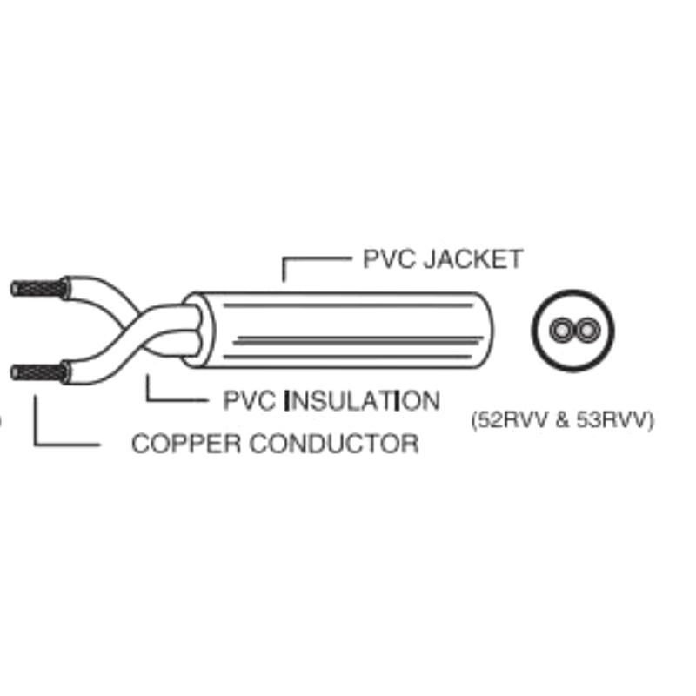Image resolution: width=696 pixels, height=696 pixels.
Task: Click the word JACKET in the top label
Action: (473, 259)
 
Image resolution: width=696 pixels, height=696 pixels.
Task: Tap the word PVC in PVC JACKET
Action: (388, 259)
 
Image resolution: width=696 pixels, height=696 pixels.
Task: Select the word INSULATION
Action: (362, 401)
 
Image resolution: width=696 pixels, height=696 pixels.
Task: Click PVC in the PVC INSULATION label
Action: (249, 401)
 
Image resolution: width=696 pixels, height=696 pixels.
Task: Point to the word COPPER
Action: (186, 444)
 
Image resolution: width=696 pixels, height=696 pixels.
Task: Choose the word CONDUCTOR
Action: (334, 444)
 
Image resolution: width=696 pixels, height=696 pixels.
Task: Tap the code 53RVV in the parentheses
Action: (612, 419)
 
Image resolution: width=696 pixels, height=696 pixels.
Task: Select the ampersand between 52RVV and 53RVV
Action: (561, 419)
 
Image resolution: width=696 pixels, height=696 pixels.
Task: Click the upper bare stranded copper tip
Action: (39, 289)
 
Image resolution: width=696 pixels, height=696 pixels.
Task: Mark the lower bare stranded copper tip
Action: (39, 372)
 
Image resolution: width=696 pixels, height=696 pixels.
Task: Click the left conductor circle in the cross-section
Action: (562, 331)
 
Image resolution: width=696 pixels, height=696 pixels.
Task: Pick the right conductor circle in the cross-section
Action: (586, 331)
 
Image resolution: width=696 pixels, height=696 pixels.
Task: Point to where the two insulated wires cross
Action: (138, 328)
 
